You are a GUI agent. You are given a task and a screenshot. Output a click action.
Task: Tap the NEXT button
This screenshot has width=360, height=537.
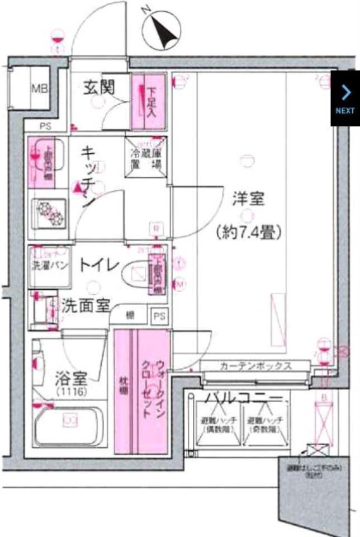click(345, 98)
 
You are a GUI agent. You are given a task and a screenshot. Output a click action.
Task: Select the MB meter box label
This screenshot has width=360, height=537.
click(39, 88)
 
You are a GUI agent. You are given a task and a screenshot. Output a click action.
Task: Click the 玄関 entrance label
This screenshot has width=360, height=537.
click(99, 87)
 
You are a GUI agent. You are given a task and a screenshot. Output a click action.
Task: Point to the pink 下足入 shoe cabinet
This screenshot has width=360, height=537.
click(148, 101)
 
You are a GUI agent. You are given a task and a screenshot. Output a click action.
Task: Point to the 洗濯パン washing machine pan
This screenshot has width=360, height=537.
click(49, 266)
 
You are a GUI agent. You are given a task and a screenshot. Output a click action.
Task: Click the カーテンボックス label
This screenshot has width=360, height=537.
click(255, 366)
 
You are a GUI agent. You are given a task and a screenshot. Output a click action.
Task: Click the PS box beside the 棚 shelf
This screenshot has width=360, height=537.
click(159, 316)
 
